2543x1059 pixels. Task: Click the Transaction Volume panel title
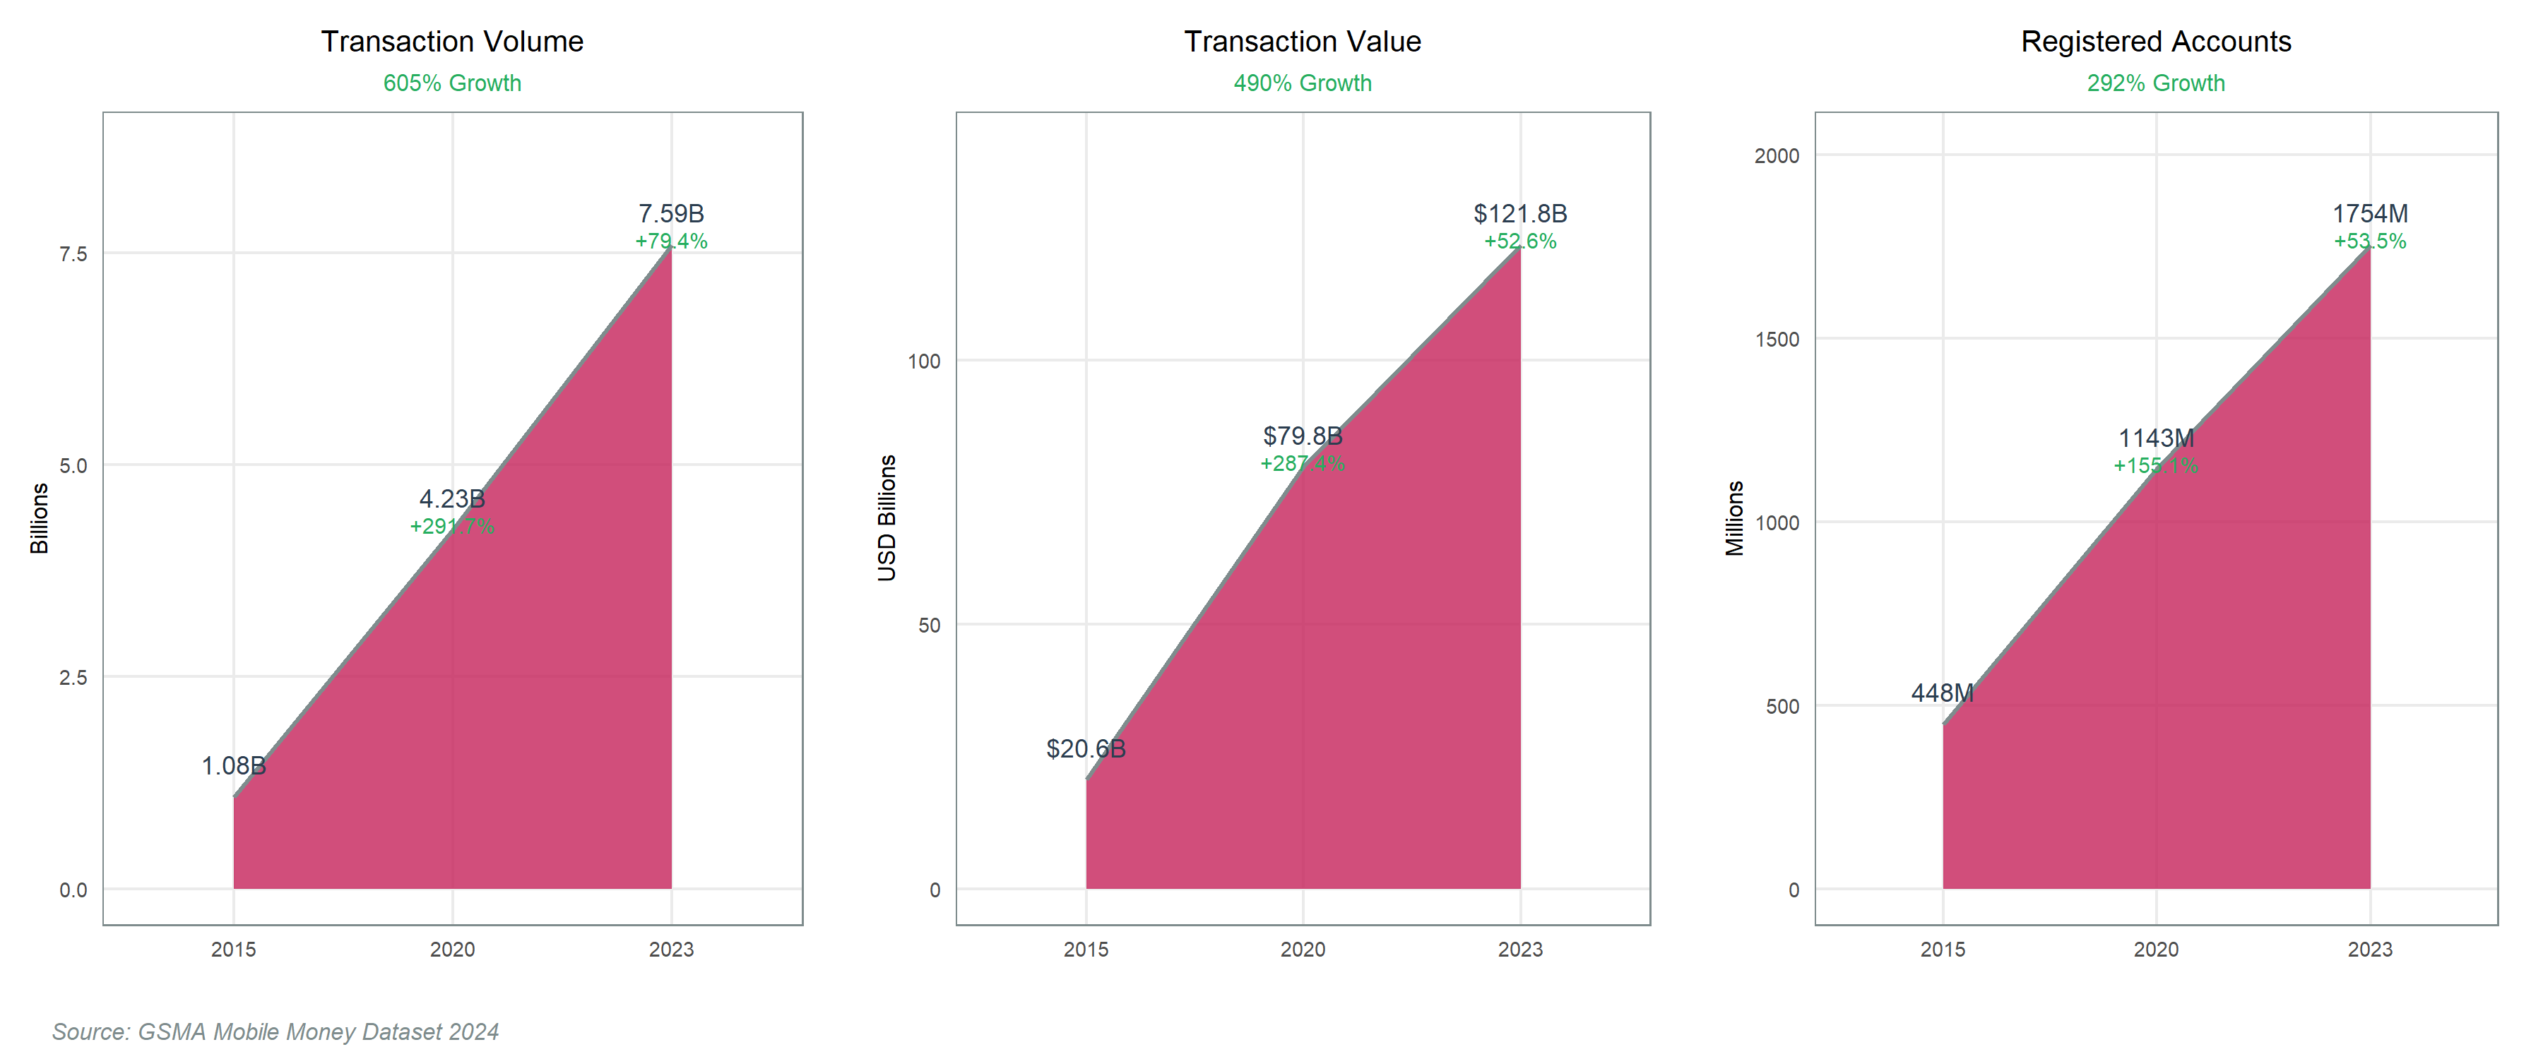tap(452, 42)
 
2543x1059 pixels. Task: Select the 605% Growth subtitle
tap(452, 83)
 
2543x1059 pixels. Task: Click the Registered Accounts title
tap(2156, 42)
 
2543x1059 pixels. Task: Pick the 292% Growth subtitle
tap(2156, 83)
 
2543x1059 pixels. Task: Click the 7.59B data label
tap(671, 213)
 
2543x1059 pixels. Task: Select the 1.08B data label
tap(234, 766)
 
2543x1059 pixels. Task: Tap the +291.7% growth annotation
tap(452, 526)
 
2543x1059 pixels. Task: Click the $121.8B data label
tap(1520, 213)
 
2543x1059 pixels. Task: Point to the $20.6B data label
tap(1086, 749)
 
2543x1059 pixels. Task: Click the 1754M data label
tap(2370, 213)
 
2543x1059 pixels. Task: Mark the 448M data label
tap(1943, 693)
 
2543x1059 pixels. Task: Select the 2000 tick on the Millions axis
tap(1777, 156)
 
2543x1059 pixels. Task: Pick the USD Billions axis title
tap(887, 518)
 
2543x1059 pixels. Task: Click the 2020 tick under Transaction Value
tap(1303, 950)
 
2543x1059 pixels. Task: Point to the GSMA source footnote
tap(275, 1031)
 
